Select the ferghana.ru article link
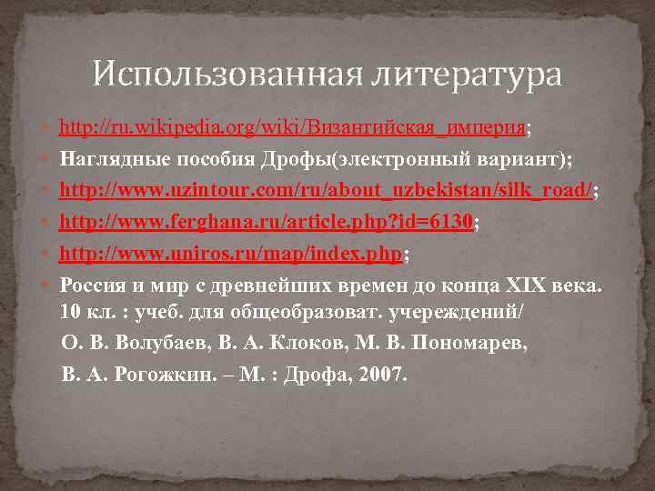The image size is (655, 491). [267, 221]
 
